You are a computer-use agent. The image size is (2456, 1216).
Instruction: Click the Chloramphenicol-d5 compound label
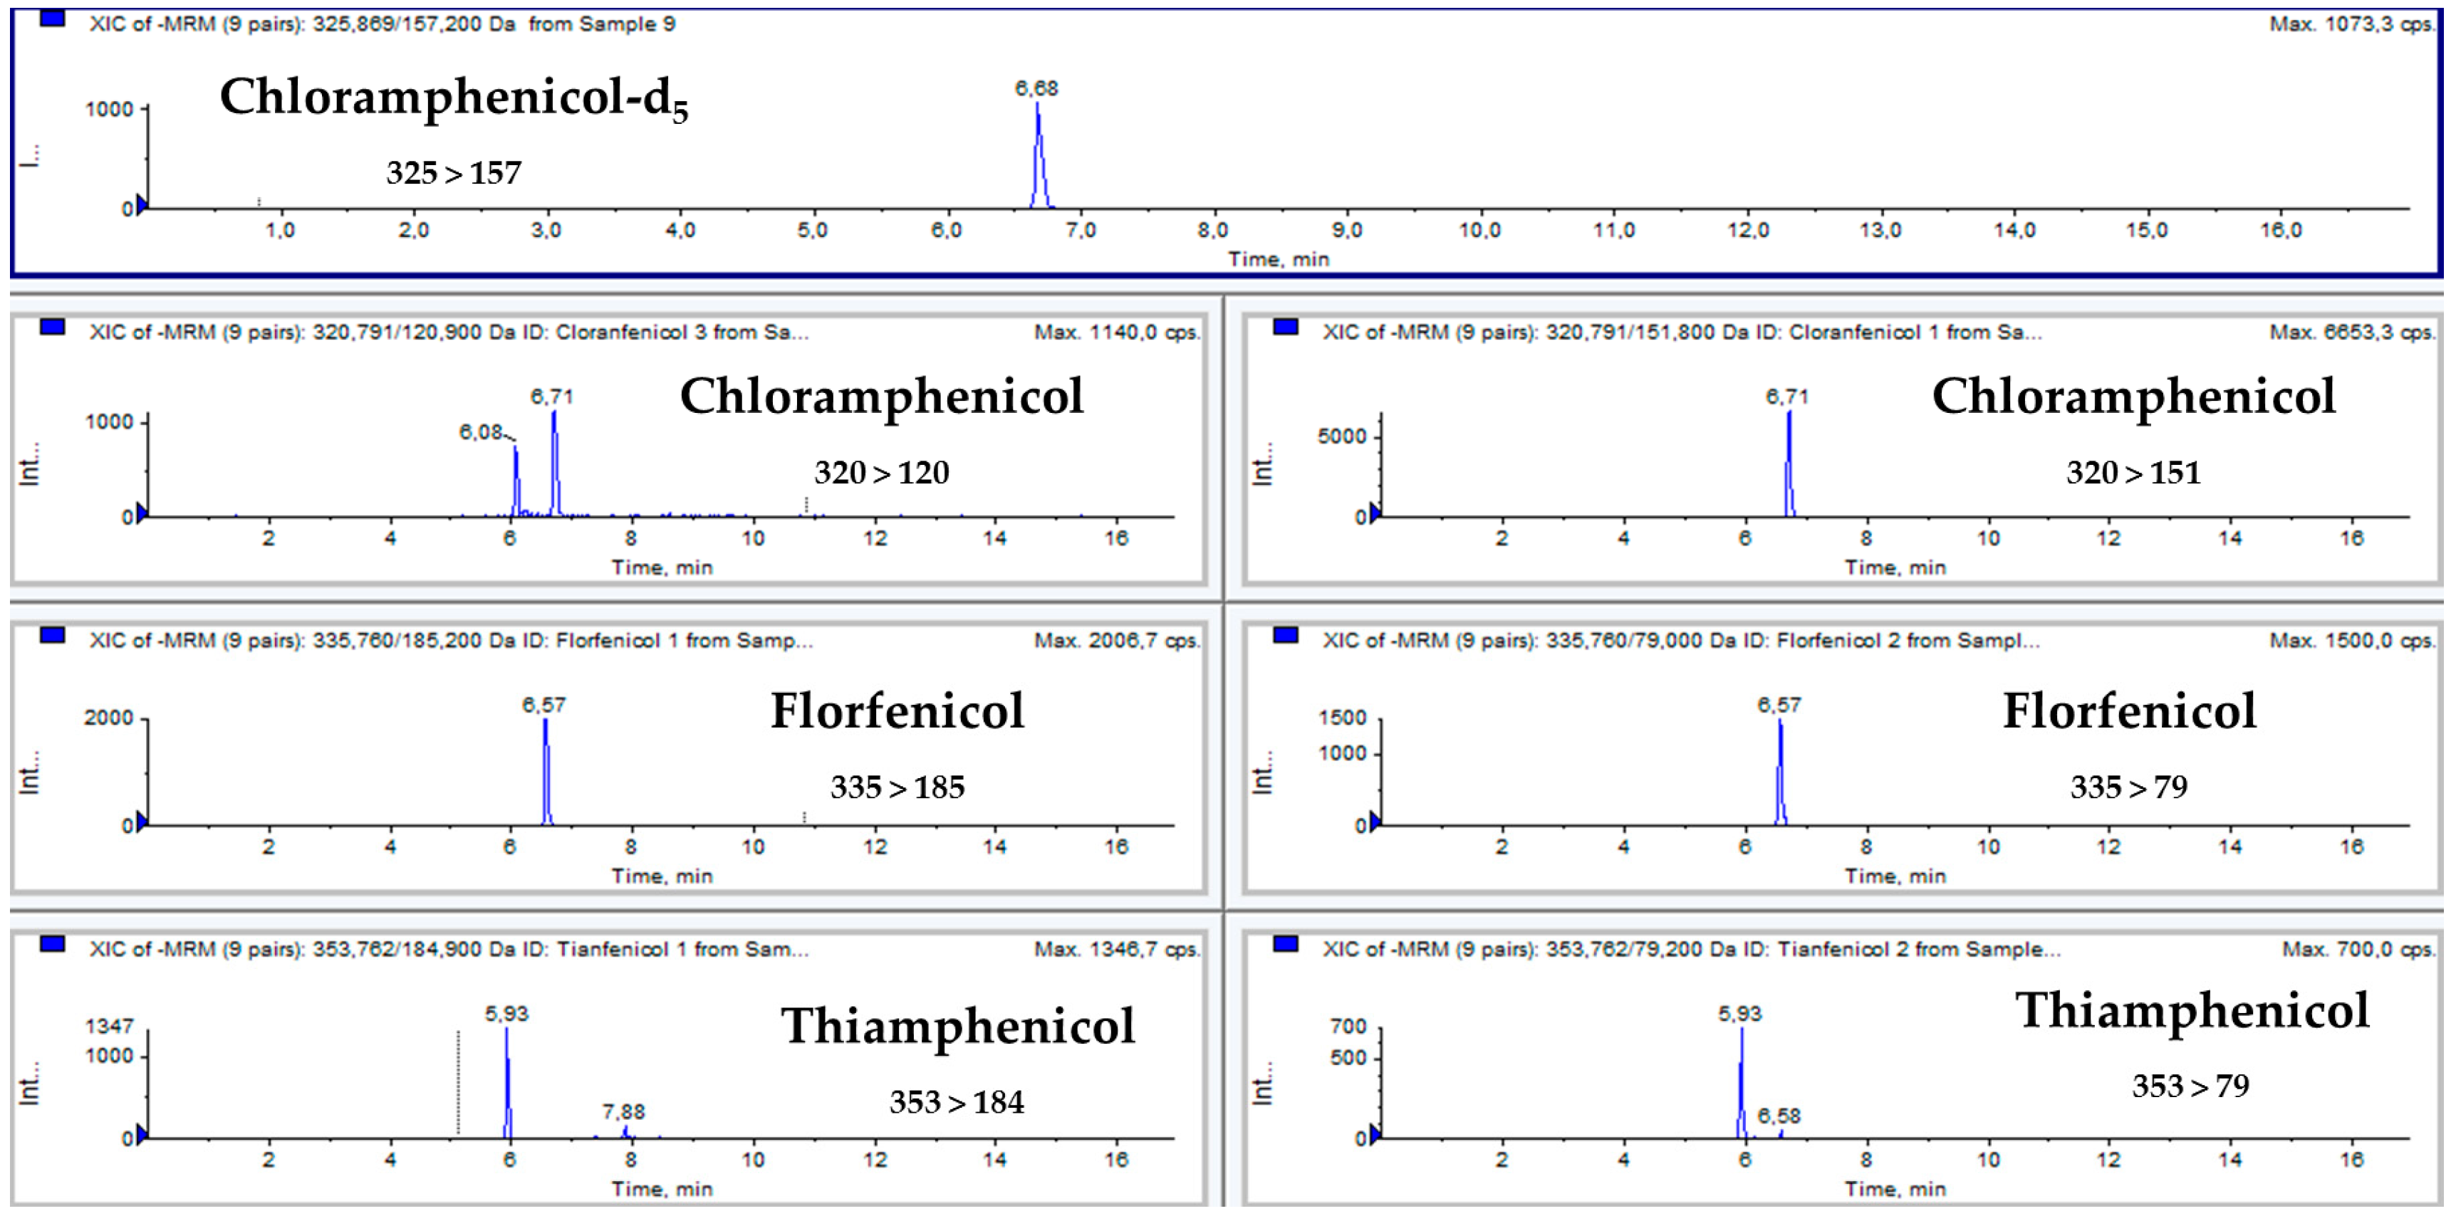click(454, 98)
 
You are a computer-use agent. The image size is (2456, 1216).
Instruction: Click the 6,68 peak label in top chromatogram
click(1036, 88)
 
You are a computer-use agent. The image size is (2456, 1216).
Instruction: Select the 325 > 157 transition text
click(454, 172)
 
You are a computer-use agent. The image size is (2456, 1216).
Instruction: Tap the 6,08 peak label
click(482, 433)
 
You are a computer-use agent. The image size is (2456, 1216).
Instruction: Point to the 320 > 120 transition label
click(881, 473)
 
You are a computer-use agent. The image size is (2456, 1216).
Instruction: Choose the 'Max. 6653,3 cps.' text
click(2351, 332)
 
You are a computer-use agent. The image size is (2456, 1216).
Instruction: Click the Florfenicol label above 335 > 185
click(897, 711)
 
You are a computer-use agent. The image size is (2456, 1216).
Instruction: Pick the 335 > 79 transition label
click(2129, 787)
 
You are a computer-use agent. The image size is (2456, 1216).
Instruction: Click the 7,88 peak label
click(623, 1112)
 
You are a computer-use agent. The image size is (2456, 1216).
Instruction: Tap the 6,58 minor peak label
click(1779, 1116)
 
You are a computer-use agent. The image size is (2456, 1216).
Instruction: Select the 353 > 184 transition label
click(957, 1103)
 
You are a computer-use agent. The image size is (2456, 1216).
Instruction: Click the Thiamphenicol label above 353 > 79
click(2192, 1011)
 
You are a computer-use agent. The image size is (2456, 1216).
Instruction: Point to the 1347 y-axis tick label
click(109, 1027)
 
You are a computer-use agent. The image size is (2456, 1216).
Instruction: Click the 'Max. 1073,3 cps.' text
click(2351, 23)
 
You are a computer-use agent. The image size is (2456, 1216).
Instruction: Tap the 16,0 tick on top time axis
click(2281, 231)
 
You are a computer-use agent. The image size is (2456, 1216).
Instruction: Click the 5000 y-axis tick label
click(1343, 436)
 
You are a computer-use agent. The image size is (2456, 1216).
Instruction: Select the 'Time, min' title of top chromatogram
click(1278, 259)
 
